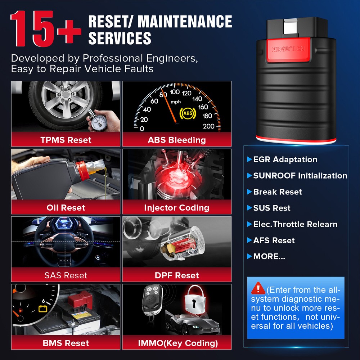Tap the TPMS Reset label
pos(66,140)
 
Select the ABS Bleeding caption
pos(177,140)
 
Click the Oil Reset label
pos(66,207)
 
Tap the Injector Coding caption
pos(177,207)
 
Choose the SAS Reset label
pos(66,275)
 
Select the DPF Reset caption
pos(177,275)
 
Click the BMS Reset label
pos(66,343)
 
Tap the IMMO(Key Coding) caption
pos(178,343)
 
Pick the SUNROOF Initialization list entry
pos(300,176)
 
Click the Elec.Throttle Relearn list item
pos(295,224)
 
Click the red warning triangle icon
pos(258,288)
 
